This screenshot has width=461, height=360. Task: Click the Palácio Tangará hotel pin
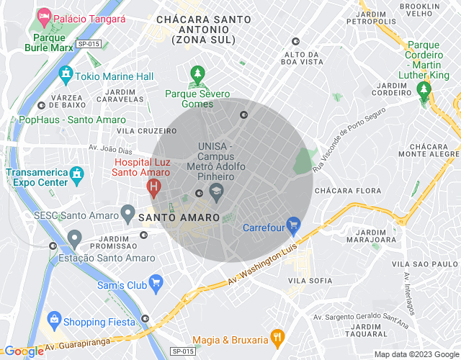pyautogui.click(x=44, y=16)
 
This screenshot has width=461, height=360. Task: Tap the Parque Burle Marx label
pyautogui.click(x=51, y=42)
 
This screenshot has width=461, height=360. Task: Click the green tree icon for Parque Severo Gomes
pyautogui.click(x=197, y=74)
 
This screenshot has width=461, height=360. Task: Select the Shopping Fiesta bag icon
pyautogui.click(x=54, y=320)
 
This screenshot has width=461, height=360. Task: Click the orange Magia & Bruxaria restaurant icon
pyautogui.click(x=277, y=336)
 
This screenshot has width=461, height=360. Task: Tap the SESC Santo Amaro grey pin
pyautogui.click(x=127, y=214)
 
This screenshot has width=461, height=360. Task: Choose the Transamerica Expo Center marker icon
pyautogui.click(x=76, y=174)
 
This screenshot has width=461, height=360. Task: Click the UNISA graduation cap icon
pyautogui.click(x=215, y=192)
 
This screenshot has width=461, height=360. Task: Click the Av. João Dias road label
pyautogui.click(x=111, y=149)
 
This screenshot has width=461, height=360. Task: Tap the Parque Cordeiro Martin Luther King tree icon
pyautogui.click(x=425, y=89)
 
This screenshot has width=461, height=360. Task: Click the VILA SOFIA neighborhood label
pyautogui.click(x=310, y=280)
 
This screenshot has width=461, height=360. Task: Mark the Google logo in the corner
pyautogui.click(x=23, y=351)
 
